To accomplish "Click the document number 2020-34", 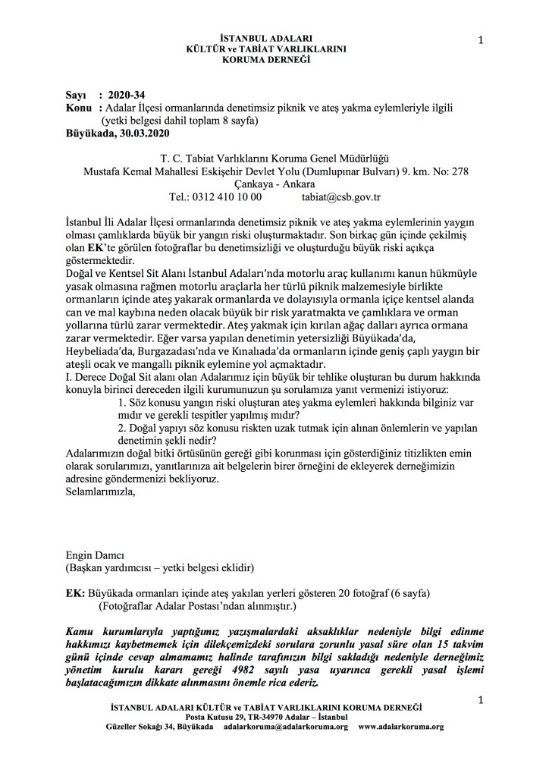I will coord(127,96).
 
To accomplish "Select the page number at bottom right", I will coord(480,696).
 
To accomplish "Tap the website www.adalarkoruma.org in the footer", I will coord(400,726).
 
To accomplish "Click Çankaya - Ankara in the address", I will coord(274,184).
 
